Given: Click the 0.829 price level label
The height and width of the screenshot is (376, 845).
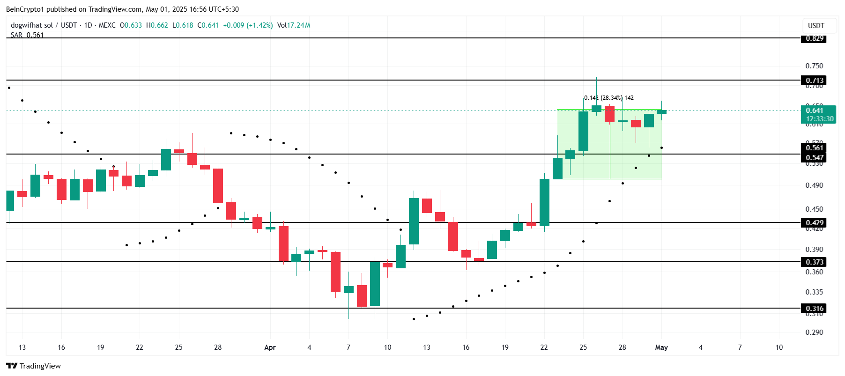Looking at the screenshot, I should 814,38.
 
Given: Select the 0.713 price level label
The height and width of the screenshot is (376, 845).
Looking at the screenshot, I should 814,81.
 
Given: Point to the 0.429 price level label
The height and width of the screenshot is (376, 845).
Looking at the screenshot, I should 814,223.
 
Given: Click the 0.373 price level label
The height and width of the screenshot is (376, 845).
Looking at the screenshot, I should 814,262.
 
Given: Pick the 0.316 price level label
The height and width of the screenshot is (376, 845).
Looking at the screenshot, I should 814,309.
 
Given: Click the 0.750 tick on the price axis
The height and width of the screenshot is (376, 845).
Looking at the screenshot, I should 814,66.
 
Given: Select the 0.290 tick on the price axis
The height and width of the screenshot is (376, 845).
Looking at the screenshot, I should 814,332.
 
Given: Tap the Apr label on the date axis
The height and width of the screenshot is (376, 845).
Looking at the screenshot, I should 270,347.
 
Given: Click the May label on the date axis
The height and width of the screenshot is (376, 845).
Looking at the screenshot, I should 661,347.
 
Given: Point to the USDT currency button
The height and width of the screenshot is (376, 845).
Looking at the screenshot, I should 816,26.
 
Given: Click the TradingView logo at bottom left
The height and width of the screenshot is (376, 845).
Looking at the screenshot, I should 34,366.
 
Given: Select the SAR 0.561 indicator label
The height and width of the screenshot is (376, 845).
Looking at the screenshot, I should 27,35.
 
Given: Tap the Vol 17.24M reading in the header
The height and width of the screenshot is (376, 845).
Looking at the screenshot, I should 294,25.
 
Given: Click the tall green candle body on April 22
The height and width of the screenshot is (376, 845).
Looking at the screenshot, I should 544,202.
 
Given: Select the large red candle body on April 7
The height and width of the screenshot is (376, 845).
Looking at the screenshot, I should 335,272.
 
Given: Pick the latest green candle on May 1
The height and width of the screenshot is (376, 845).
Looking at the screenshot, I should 661,112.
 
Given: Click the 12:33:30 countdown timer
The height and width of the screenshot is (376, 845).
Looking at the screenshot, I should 819,119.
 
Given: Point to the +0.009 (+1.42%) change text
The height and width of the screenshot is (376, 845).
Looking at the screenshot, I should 248,25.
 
